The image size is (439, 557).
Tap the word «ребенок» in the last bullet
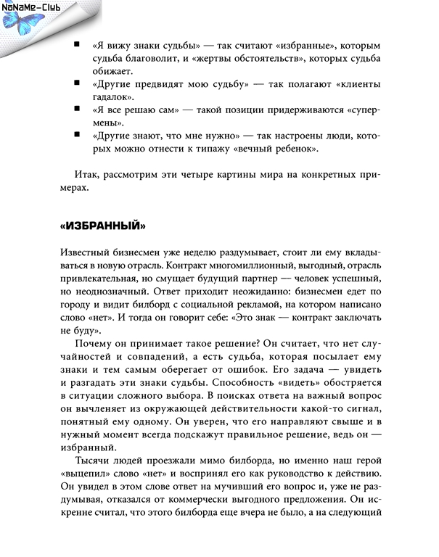[x=295, y=149]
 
